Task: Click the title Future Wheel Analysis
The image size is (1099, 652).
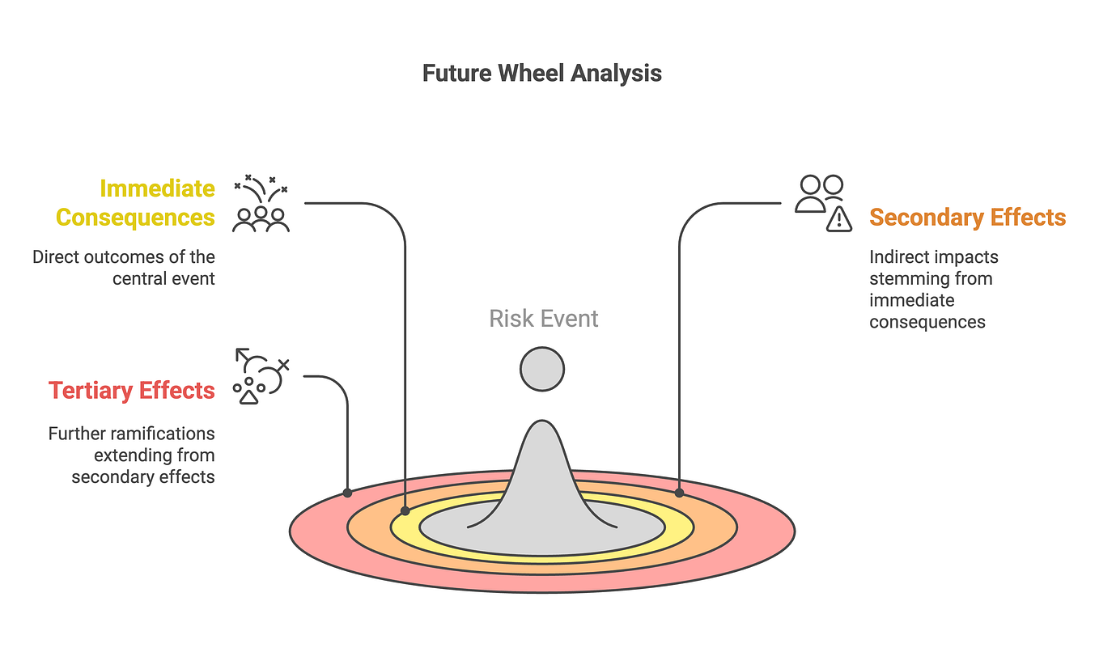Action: tap(541, 74)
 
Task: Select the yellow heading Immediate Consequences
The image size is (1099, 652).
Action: tap(135, 202)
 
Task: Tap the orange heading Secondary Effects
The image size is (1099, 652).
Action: tap(968, 218)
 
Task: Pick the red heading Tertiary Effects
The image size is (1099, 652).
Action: tap(131, 391)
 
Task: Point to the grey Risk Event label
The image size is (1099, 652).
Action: tap(544, 319)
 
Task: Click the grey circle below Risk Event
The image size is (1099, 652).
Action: tap(542, 369)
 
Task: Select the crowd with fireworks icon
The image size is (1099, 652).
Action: tap(261, 203)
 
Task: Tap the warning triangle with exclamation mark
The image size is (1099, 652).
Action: tap(839, 218)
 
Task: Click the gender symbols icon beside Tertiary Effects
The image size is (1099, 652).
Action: tap(261, 376)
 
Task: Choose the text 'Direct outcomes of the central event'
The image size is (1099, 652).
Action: tap(124, 268)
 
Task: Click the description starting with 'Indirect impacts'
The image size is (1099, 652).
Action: tap(934, 290)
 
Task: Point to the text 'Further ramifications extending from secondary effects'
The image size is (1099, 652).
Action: tap(131, 455)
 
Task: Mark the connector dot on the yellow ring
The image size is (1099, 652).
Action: tap(405, 510)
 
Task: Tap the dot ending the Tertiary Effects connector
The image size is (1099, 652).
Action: tap(347, 493)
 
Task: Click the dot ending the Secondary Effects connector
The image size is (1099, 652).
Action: tap(679, 493)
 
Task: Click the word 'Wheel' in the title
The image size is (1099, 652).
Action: tap(531, 74)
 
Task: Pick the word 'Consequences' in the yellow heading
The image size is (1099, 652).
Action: tap(135, 218)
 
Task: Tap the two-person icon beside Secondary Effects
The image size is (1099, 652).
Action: tap(819, 193)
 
